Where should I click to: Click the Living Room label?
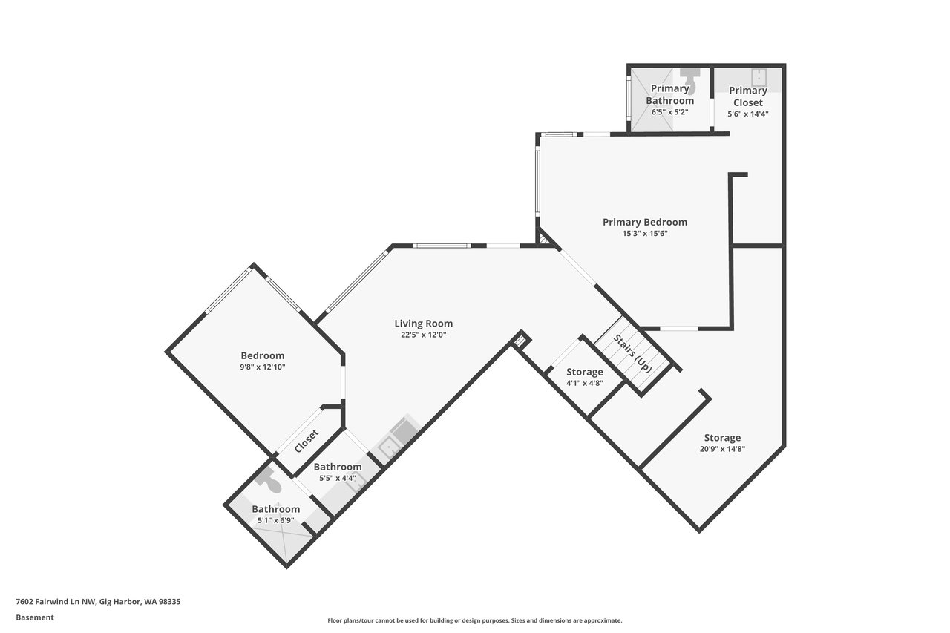click(x=423, y=324)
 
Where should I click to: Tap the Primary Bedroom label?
click(x=645, y=222)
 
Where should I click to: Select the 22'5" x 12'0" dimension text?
click(x=423, y=335)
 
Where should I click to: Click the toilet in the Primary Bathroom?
click(x=689, y=78)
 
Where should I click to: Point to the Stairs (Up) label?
click(x=632, y=354)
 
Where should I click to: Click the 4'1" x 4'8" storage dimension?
click(x=584, y=383)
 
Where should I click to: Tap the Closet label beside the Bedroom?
click(x=307, y=441)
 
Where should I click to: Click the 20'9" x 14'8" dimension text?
click(x=722, y=449)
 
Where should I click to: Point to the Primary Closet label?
click(x=747, y=96)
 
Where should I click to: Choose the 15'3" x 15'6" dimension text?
click(x=645, y=234)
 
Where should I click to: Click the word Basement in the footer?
click(x=35, y=617)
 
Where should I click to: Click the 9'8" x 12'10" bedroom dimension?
click(x=263, y=367)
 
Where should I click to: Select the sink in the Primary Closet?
click(x=759, y=78)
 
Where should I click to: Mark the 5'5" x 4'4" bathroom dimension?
click(x=338, y=478)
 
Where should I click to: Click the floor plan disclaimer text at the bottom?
click(x=474, y=620)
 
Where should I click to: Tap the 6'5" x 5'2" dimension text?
click(x=669, y=112)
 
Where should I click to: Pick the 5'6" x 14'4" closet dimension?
click(x=747, y=114)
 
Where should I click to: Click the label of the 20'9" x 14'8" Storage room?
click(x=722, y=438)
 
